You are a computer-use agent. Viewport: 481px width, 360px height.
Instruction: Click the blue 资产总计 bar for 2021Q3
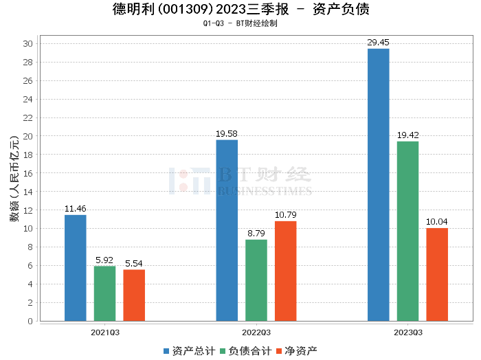tap(76, 268)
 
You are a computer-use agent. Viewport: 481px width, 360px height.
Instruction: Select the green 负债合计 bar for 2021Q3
tap(104, 293)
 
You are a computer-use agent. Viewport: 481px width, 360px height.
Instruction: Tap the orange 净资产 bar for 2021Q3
tap(134, 295)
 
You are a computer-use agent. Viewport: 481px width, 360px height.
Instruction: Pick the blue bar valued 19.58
tap(227, 230)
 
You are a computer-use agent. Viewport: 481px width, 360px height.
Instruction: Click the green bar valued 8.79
tap(256, 280)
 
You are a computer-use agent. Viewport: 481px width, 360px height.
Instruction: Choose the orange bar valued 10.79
tap(286, 271)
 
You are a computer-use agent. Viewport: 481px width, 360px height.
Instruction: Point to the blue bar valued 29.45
tap(378, 185)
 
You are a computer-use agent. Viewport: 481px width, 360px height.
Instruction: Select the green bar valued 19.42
tap(407, 231)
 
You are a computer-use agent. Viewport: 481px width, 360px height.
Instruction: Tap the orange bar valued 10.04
tap(437, 274)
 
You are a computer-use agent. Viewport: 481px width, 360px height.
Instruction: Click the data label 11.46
tap(76, 208)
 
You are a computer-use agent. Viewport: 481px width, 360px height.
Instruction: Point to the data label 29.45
tap(378, 42)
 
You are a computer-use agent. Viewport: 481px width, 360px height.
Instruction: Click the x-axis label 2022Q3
tap(256, 333)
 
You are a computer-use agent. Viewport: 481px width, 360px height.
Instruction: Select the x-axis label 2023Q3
tap(407, 333)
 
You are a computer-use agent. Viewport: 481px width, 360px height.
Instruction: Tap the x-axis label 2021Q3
tap(104, 333)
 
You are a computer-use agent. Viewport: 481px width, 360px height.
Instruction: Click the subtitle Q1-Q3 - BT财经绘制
tap(240, 23)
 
